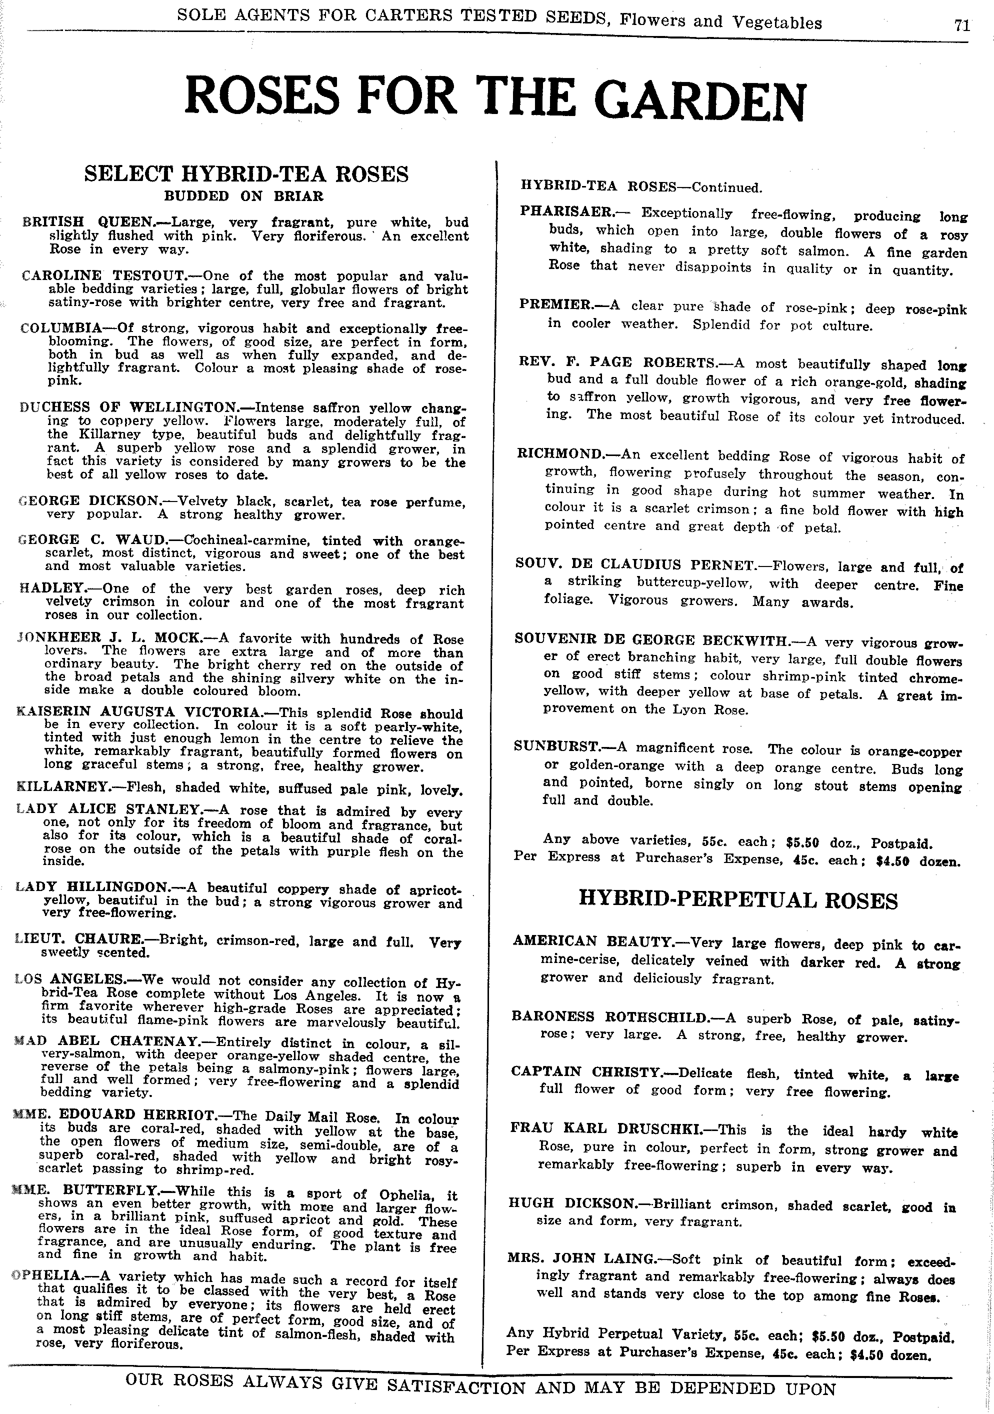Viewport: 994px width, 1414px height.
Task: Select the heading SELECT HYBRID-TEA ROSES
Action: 246,174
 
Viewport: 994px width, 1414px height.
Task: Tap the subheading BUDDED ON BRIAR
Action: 243,196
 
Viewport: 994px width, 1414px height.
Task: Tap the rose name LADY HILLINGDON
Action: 92,887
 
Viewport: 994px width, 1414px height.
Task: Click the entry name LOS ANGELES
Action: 70,979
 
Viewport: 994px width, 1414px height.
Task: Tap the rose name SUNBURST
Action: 556,747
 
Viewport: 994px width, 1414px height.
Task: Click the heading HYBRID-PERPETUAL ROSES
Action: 738,900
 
